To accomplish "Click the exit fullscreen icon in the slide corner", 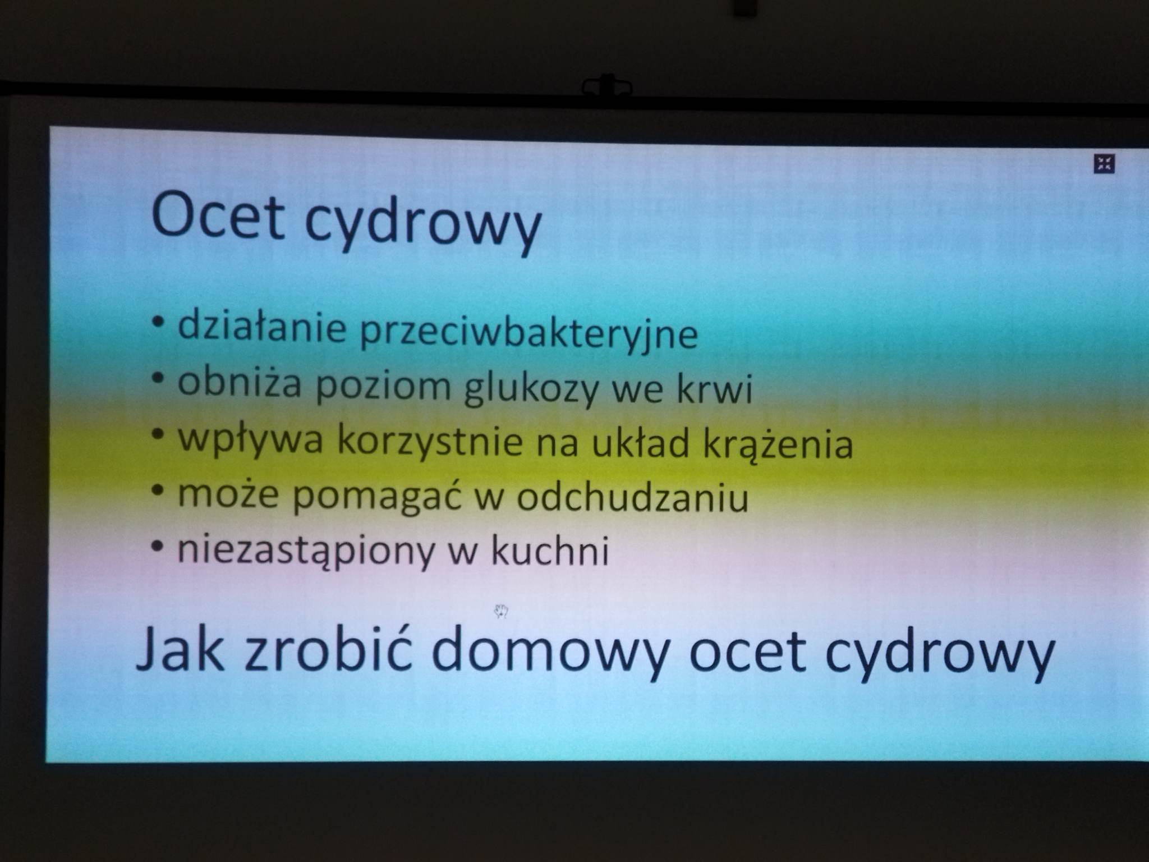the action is [x=1104, y=164].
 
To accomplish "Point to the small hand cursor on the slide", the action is [x=501, y=611].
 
